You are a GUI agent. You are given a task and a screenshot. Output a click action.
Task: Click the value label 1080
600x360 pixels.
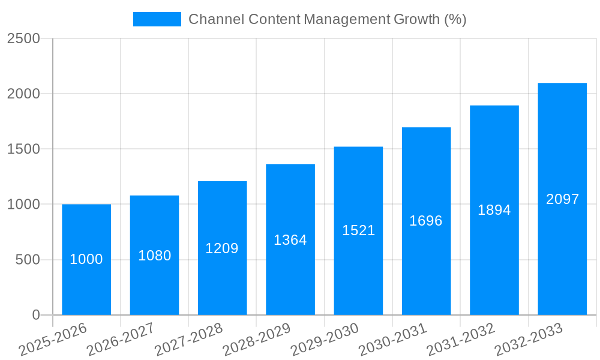[154, 256]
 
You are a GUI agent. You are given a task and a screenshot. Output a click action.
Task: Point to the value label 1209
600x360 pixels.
[222, 248]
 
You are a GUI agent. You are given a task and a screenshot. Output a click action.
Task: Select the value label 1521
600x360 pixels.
[358, 230]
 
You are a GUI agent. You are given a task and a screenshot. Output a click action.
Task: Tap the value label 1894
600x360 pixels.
[494, 210]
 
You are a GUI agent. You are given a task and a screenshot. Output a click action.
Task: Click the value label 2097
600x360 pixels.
[562, 199]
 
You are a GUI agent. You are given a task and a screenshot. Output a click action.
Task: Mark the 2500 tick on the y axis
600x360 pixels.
[23, 38]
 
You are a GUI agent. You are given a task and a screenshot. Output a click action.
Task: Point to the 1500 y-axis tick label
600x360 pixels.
[23, 149]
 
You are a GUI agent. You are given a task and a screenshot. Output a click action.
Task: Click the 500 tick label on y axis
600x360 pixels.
[28, 260]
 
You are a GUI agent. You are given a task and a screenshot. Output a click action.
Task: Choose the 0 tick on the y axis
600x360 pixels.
[35, 315]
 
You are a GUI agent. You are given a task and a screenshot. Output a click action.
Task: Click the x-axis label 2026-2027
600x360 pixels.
[121, 340]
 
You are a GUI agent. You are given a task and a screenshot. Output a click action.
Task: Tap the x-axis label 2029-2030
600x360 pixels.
[325, 340]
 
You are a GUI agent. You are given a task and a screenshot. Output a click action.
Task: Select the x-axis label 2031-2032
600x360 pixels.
[461, 340]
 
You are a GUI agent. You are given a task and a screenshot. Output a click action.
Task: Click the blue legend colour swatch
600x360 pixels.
[157, 19]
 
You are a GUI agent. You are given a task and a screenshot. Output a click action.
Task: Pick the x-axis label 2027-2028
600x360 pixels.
[188, 340]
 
